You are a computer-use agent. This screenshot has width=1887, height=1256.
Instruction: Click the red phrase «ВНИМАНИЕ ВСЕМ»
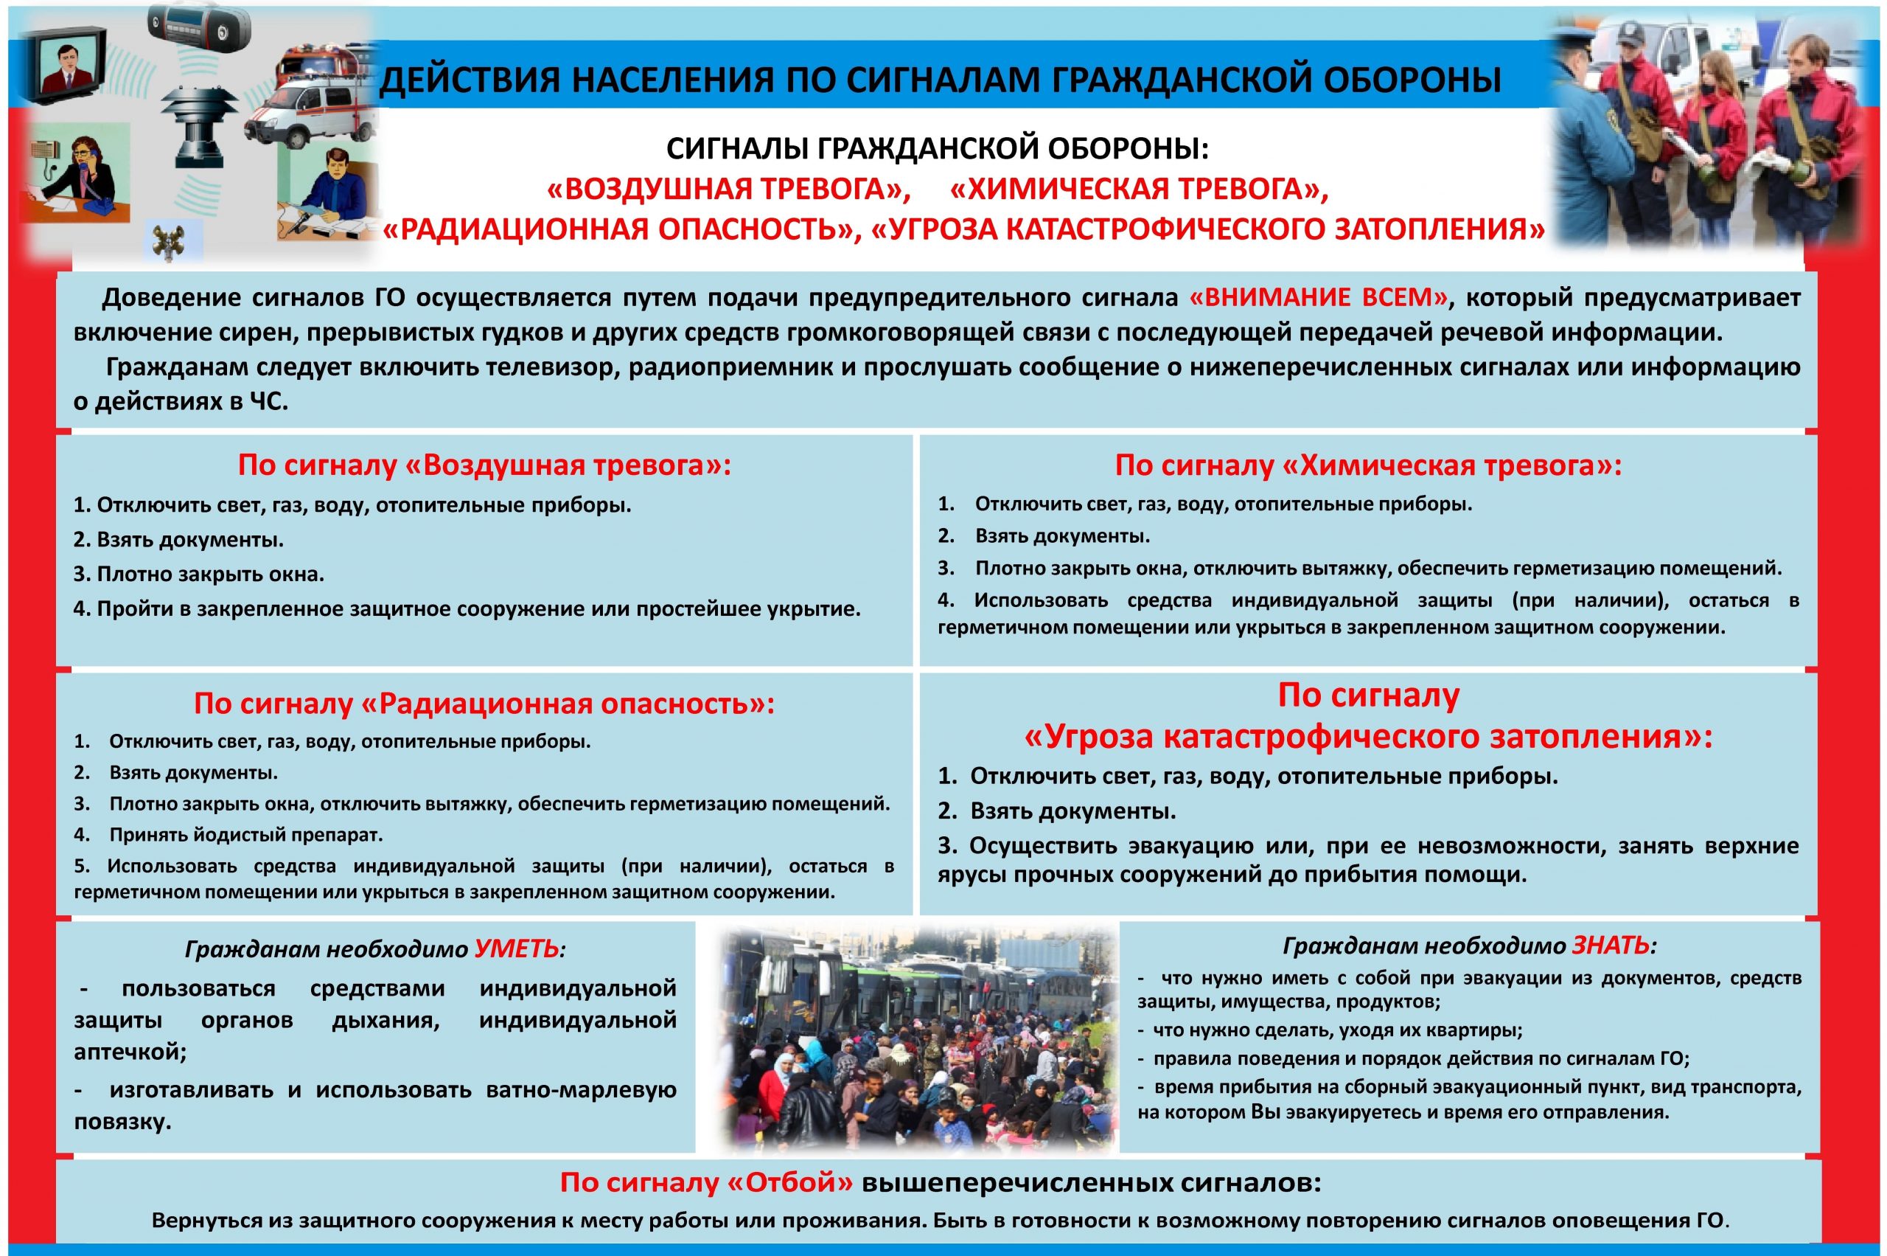(1319, 298)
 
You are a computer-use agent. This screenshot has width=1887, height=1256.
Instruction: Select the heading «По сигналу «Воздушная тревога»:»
(484, 465)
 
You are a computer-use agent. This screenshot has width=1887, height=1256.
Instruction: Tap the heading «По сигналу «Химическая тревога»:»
(1368, 465)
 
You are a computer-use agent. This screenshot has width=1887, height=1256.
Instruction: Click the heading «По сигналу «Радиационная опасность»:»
(484, 704)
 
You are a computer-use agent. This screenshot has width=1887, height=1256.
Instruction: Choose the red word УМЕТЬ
(517, 949)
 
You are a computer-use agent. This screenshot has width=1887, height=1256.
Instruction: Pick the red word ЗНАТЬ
(1611, 946)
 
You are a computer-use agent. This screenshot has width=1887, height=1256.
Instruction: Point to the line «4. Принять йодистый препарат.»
(229, 835)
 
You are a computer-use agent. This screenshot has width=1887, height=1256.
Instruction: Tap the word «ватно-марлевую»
(582, 1089)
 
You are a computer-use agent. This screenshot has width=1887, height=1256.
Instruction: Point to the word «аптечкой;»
(130, 1052)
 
